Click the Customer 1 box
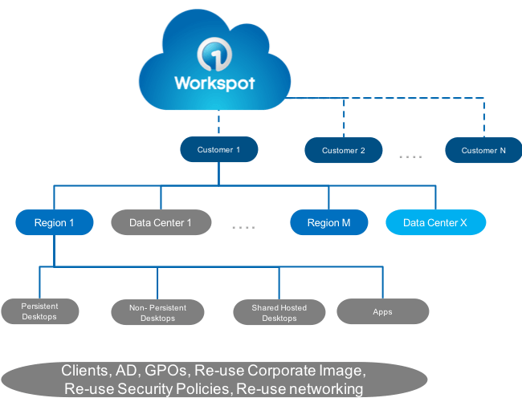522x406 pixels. tap(219, 149)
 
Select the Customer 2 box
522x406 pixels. tap(343, 150)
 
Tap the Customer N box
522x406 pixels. tap(483, 150)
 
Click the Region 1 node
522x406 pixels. tap(55, 222)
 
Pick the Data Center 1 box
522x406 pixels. tap(161, 222)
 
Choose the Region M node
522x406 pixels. tap(328, 222)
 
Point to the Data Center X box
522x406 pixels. tap(435, 222)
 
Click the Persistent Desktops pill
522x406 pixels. tap(40, 311)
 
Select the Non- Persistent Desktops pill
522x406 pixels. tap(157, 312)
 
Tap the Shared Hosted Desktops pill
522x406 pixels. tap(279, 312)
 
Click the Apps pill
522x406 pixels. tap(382, 311)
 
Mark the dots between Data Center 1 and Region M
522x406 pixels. tap(243, 228)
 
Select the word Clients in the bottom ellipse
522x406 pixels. tap(85, 371)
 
